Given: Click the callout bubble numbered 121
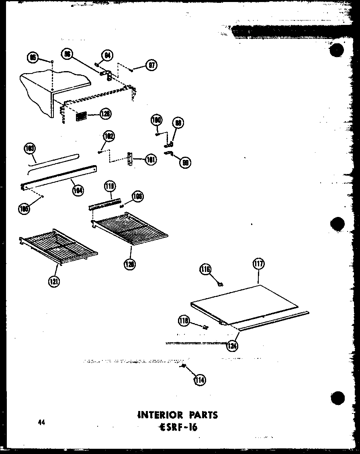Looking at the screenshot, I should tap(53, 282).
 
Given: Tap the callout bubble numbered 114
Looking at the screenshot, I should tap(199, 380).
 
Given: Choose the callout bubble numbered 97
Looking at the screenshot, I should tap(152, 65).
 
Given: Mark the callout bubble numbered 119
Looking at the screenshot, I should tap(109, 186).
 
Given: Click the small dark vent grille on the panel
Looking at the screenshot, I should tap(82, 116).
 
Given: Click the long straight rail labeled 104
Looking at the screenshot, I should tap(60, 176).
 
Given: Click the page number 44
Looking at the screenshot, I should tap(41, 422).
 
